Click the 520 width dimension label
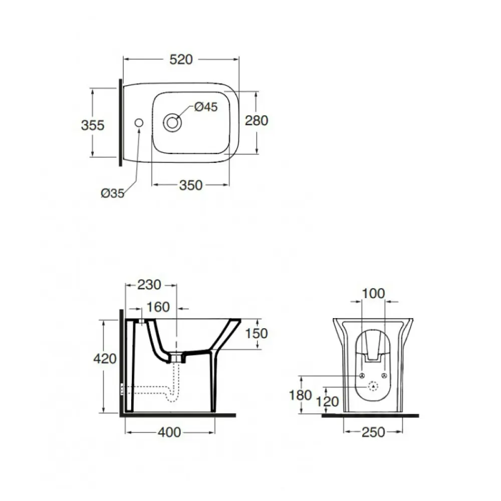(x=181, y=60)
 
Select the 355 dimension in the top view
(x=93, y=125)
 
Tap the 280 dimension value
(x=256, y=120)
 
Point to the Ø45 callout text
(x=206, y=107)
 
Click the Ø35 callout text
(x=113, y=193)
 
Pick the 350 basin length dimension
(x=191, y=185)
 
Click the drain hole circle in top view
(x=172, y=123)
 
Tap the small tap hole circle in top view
(x=139, y=123)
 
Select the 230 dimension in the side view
(x=149, y=285)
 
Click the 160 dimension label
(x=158, y=307)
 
